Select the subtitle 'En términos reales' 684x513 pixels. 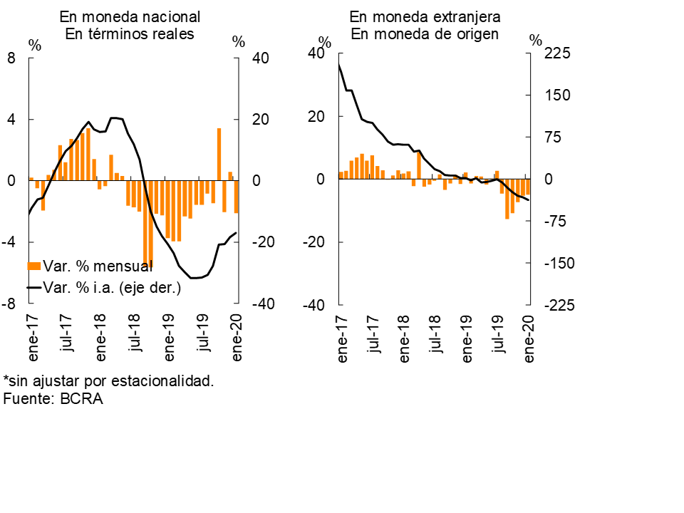click(130, 34)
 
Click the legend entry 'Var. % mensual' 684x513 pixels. click(97, 266)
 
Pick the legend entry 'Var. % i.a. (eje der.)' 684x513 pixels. click(111, 287)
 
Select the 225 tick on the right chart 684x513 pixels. click(559, 53)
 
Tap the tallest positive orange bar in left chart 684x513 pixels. click(219, 154)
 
